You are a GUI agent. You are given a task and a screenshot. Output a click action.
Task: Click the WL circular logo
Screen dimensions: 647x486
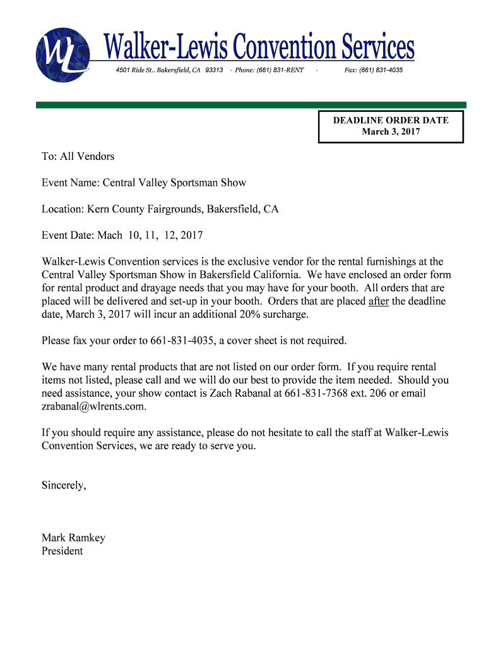coord(63,55)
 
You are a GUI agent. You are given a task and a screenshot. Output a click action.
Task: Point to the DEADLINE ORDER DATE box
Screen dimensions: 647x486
coord(391,126)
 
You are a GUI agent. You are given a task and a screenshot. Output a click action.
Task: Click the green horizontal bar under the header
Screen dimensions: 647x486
coord(251,105)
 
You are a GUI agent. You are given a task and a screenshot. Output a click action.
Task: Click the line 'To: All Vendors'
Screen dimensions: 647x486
coord(78,156)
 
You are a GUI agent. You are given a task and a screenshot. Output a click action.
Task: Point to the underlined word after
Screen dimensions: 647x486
coord(378,301)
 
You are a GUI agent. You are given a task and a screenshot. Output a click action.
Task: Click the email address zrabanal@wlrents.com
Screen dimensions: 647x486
coord(94,407)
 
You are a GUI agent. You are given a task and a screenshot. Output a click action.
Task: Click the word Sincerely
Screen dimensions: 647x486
coord(64,486)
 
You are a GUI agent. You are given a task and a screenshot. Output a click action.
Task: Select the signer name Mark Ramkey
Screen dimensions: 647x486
coord(73,538)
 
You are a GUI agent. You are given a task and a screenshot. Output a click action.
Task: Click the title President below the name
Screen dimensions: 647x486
coord(62,552)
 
